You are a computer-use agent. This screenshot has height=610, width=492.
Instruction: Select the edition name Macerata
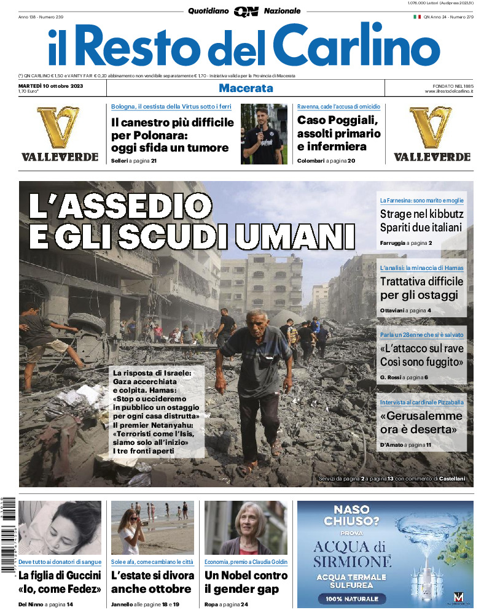coord(246,88)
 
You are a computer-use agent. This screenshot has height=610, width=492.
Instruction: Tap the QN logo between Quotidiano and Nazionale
coord(246,11)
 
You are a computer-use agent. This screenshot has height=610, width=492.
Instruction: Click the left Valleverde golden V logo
coord(58,127)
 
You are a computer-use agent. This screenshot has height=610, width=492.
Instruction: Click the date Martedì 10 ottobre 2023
coord(50,85)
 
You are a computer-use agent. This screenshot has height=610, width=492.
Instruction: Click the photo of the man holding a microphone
coord(264,134)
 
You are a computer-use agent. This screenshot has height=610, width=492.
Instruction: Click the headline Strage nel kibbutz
coord(421,214)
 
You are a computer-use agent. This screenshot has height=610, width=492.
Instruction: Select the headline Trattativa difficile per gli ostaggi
coord(421,288)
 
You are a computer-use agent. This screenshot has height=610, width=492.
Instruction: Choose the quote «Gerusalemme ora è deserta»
coord(421,422)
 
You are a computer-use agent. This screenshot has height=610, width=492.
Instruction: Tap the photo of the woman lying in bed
coord(60,528)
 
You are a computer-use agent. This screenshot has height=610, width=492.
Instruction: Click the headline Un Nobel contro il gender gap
coord(246,582)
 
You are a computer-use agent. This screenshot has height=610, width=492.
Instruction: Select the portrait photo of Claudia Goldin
coord(246,528)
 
